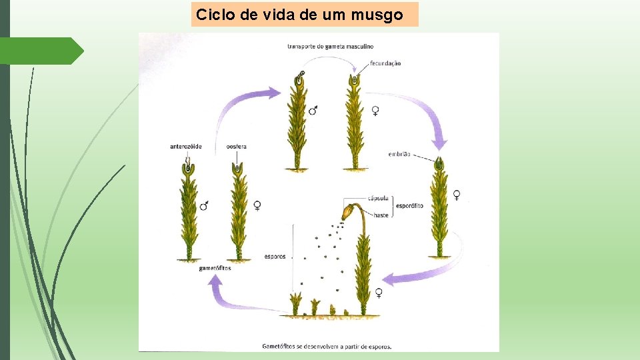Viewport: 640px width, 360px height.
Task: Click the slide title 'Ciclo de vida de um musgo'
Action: tap(299, 15)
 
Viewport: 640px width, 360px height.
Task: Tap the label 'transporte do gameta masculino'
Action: tap(330, 47)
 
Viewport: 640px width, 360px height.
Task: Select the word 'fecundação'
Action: tap(385, 63)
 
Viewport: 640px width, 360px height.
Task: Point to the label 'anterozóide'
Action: tap(186, 147)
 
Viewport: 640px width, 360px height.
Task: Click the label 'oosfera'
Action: tap(237, 147)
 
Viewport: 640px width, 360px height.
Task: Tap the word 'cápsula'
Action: tap(379, 198)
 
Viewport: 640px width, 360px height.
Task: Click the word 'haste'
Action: tap(381, 215)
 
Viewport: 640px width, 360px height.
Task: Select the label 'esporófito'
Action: tap(409, 206)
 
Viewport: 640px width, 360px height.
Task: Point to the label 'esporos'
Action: tap(275, 256)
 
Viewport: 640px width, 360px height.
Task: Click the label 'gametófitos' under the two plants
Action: tap(215, 268)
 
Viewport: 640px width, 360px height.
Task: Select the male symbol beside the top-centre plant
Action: tap(313, 111)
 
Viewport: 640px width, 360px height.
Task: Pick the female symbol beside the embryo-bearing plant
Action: tap(457, 195)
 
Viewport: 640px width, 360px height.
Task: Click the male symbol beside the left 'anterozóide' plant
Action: tap(205, 206)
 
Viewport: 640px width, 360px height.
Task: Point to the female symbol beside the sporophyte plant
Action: tap(379, 292)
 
